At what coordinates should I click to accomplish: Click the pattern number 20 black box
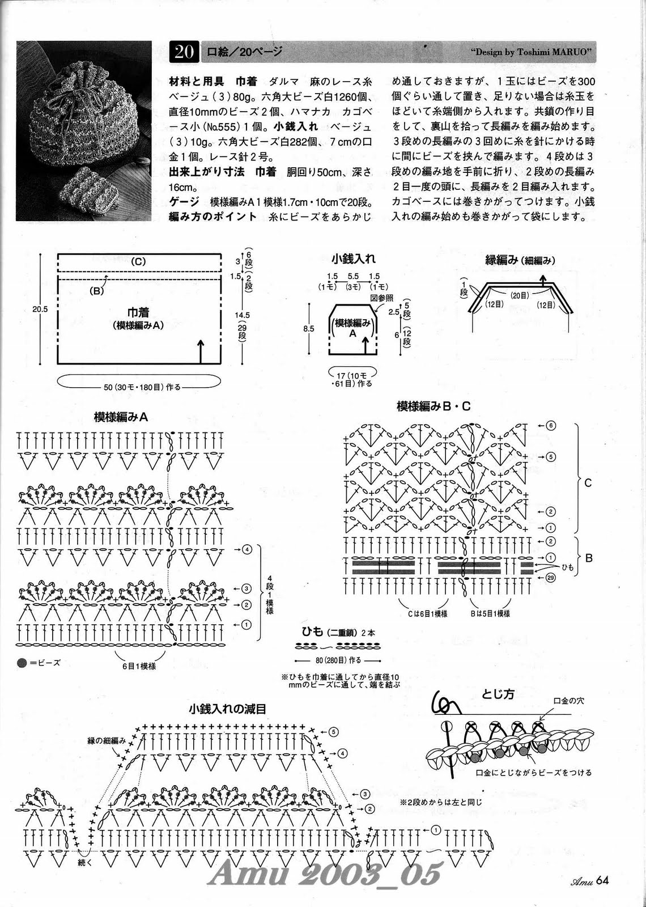pyautogui.click(x=184, y=52)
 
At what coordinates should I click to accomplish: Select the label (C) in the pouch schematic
pyautogui.click(x=138, y=261)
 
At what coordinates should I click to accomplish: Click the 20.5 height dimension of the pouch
pyautogui.click(x=40, y=309)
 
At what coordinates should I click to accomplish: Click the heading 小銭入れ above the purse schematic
pyautogui.click(x=354, y=259)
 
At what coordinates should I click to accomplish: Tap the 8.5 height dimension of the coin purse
pyautogui.click(x=309, y=328)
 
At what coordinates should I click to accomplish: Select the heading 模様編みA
pyautogui.click(x=121, y=417)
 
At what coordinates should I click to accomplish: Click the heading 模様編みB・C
pyautogui.click(x=433, y=406)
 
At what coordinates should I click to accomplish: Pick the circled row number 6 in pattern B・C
pyautogui.click(x=551, y=425)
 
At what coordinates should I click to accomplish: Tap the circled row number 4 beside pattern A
pyautogui.click(x=246, y=549)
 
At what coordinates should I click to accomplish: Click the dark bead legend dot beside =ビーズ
pyautogui.click(x=22, y=662)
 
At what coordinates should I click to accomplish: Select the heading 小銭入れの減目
pyautogui.click(x=228, y=709)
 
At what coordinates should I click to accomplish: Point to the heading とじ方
pyautogui.click(x=498, y=694)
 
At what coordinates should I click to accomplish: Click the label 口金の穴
pyautogui.click(x=568, y=701)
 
